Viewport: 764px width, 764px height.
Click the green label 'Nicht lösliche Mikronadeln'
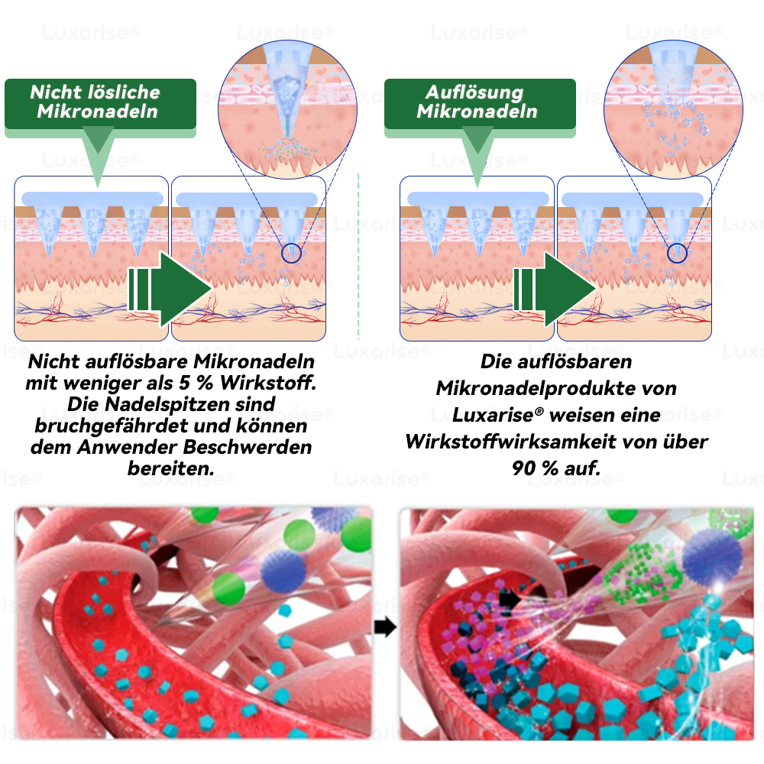click(100, 104)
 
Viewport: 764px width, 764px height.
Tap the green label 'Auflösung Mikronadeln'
click(480, 104)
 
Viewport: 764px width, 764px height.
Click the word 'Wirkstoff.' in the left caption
click(268, 383)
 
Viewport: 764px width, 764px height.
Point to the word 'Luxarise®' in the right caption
click(497, 415)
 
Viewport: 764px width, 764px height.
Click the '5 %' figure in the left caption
click(196, 383)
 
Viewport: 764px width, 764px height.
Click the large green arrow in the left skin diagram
click(170, 290)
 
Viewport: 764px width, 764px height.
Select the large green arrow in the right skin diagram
click(555, 290)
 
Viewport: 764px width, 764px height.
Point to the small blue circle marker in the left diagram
click(291, 254)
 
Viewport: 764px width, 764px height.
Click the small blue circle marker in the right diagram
click(677, 254)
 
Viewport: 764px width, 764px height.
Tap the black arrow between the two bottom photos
click(385, 627)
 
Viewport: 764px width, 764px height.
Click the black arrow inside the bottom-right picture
click(510, 599)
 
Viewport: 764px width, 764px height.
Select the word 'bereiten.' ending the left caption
click(171, 469)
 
